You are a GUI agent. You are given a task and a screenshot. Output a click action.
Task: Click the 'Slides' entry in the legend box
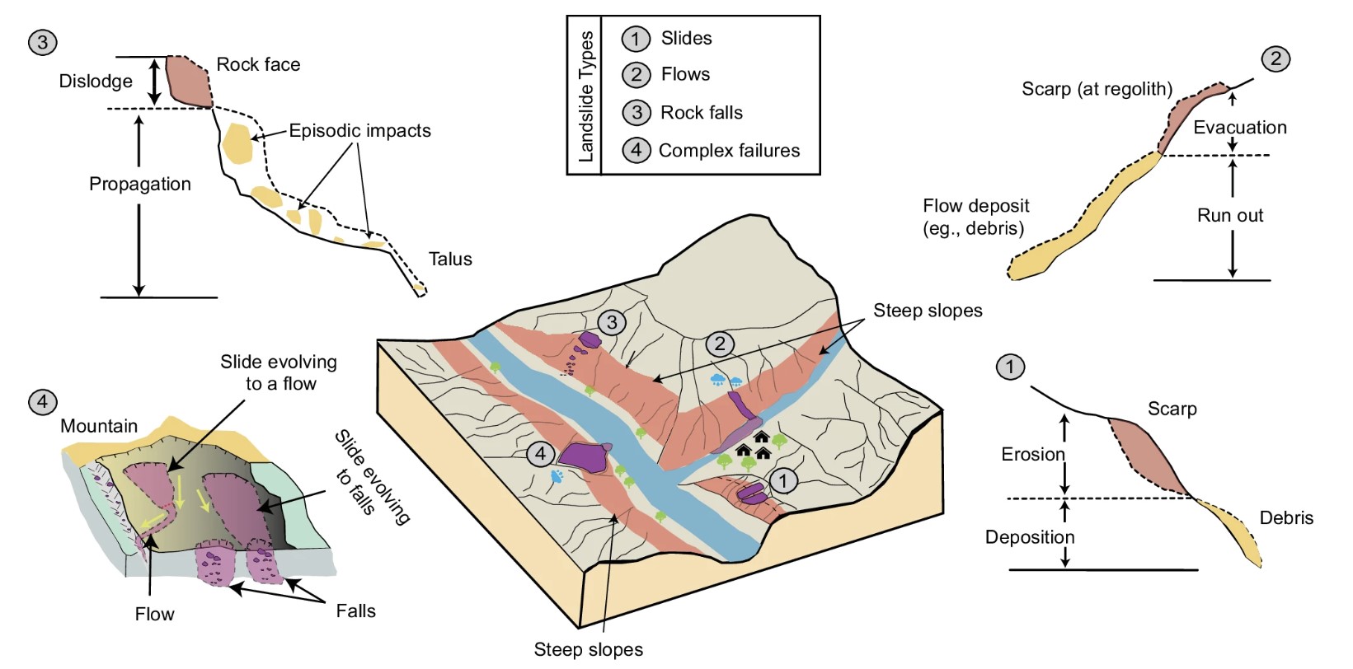[685, 39]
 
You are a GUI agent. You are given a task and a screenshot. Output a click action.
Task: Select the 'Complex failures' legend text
[729, 151]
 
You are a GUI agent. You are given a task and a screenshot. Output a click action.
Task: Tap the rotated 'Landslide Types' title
[586, 96]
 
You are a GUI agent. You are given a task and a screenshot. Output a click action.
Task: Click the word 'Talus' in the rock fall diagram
[450, 260]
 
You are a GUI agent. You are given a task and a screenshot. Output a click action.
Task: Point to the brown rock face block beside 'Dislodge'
[190, 82]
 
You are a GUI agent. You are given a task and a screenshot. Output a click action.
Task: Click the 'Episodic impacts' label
[359, 131]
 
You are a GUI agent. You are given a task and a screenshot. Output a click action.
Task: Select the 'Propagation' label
[139, 185]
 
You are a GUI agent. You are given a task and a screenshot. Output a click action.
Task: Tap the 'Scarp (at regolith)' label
[1097, 89]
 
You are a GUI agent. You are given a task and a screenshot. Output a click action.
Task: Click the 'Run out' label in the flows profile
[1229, 216]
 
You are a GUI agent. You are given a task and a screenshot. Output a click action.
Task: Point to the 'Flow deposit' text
[975, 206]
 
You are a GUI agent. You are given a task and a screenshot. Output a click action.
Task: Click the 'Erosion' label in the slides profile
[1032, 455]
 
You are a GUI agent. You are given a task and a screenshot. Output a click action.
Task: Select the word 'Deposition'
[1029, 538]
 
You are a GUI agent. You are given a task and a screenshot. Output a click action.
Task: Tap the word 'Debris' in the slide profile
[1285, 518]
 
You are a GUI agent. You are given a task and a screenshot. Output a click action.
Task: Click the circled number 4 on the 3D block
[540, 454]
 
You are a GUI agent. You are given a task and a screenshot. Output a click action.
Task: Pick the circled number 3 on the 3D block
[611, 322]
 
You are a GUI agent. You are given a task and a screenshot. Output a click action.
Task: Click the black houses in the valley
[754, 446]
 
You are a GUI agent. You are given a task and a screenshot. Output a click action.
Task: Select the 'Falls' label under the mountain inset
[355, 611]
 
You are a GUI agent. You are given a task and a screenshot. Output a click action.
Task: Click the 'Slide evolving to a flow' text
[279, 372]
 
